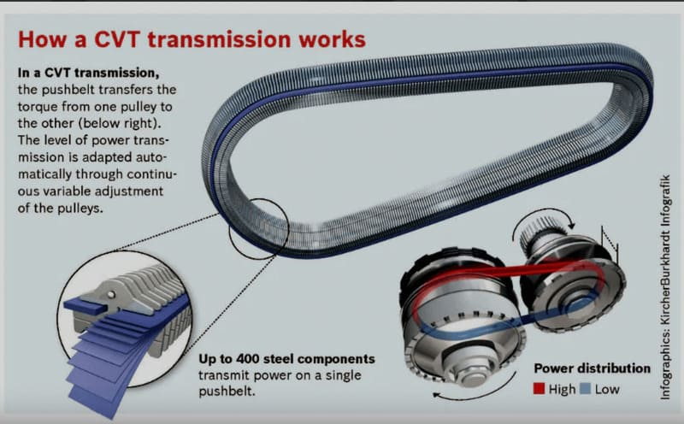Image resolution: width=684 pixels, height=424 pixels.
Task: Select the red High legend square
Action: point(540,389)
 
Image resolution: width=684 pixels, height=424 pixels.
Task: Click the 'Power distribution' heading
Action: point(592,368)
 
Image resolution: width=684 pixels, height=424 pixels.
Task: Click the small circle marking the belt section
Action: point(259,228)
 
